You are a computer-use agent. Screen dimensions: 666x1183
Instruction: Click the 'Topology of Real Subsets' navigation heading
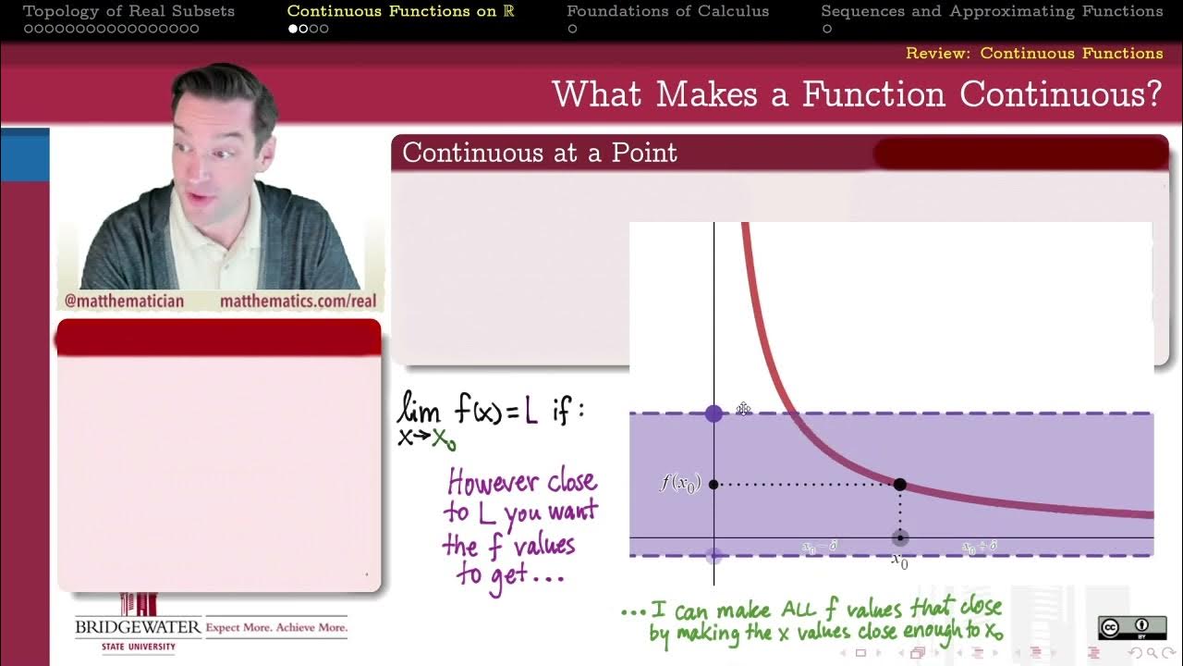point(128,11)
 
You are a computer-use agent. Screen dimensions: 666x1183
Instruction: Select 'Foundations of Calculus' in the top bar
point(667,11)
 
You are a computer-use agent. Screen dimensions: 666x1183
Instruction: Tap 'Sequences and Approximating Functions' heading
point(992,11)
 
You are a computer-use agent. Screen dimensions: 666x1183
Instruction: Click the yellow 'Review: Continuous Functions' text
point(1034,53)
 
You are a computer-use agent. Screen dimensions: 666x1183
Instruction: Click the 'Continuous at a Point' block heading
point(540,153)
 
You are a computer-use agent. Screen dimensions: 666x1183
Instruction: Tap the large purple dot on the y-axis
point(713,413)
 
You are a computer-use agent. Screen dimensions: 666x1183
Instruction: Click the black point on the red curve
point(900,485)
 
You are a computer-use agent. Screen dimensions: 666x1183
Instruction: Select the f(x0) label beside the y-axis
point(679,483)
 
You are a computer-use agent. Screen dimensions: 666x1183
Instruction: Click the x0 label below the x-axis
point(899,561)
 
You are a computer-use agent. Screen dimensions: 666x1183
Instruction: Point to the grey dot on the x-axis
point(899,538)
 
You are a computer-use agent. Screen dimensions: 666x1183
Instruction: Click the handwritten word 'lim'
point(418,409)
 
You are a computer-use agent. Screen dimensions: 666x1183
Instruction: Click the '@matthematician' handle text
point(124,302)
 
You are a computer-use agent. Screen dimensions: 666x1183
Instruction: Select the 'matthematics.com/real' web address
point(298,302)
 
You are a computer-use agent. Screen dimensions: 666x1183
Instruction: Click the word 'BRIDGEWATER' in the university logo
point(138,627)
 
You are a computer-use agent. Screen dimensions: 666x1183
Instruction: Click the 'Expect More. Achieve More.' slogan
point(276,627)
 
